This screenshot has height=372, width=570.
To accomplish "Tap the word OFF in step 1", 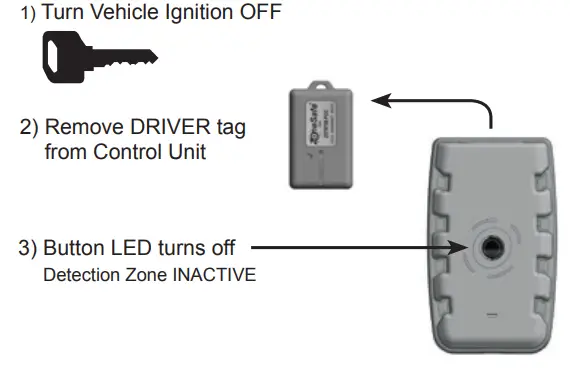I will pyautogui.click(x=258, y=14).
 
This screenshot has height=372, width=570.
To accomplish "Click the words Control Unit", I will pyautogui.click(x=190, y=152).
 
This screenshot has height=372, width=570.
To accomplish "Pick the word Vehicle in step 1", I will pyautogui.click(x=114, y=14).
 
